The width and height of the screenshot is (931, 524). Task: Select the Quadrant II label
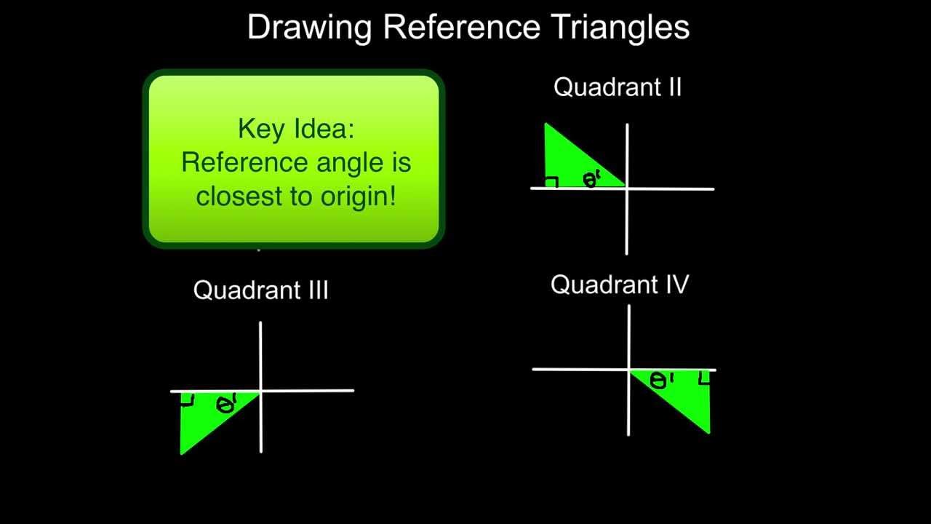618,87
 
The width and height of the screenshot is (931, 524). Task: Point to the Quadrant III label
260,290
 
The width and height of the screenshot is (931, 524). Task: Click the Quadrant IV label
619,285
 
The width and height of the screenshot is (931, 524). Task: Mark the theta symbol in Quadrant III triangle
225,405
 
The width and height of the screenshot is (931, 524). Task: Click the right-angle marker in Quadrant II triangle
551,182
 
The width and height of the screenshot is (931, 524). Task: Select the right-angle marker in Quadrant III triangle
187,400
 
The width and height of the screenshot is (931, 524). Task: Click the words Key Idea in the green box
295,130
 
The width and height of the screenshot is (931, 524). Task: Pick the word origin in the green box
362,196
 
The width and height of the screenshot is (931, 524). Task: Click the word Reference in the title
461,28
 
